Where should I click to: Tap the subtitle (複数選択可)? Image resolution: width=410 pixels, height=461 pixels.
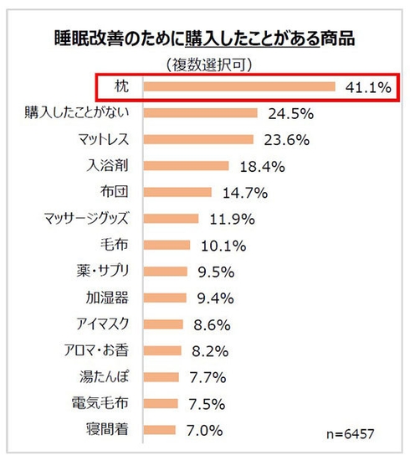click(x=205, y=64)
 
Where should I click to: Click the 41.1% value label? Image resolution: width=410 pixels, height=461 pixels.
click(x=366, y=87)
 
